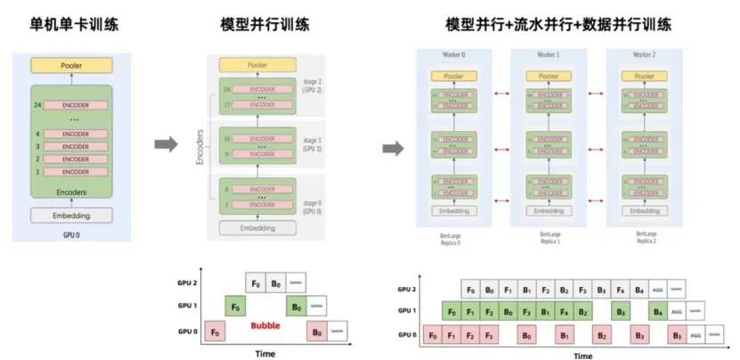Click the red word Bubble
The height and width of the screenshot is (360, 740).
click(264, 325)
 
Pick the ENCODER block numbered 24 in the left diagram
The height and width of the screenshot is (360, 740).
click(76, 105)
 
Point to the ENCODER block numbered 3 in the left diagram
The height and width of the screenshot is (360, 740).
click(76, 146)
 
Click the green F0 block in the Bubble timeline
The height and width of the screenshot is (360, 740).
click(236, 306)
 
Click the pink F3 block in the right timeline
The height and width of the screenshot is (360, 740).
click(492, 335)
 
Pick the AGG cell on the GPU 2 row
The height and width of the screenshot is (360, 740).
click(657, 290)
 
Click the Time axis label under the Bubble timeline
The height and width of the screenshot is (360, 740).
click(265, 353)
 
